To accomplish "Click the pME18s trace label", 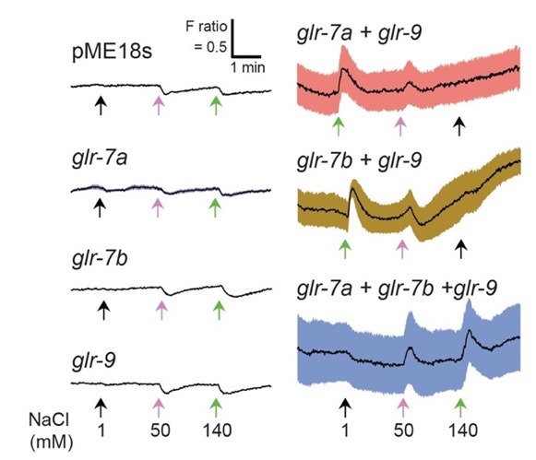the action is pos(113,52).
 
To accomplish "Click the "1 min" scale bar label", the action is pos(248,67).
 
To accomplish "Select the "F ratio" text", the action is pos(207,26).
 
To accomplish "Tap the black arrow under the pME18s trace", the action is pos(101,105).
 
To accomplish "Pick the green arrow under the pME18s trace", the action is pos(216,105).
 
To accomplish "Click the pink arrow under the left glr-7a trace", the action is pos(157,207).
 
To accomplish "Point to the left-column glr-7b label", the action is pos(100,258).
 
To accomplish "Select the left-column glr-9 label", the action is pos(94,360).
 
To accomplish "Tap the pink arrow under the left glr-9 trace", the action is pos(159,407).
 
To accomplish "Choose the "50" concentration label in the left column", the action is pos(160,431).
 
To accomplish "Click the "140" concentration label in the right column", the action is pos(463,431).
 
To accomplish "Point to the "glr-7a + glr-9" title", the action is pos(359,33).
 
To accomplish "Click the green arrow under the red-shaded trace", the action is pos(339,126).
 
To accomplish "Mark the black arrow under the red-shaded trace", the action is pos(459,126).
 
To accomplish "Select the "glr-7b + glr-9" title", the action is pos(359,160).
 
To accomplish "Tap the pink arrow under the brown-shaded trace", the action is pos(402,249).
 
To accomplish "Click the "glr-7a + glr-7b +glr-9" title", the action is pos(397,289).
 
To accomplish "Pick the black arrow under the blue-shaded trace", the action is pos(346,407).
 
